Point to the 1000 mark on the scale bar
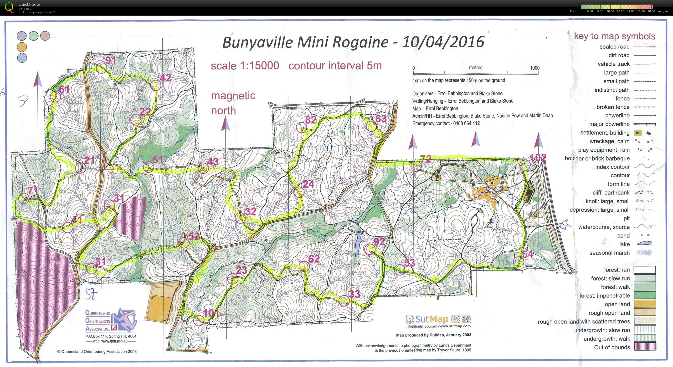[x=534, y=68]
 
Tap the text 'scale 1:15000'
[x=245, y=66]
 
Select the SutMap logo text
[x=432, y=319]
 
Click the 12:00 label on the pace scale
[x=620, y=11]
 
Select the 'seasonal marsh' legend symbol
[x=645, y=253]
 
